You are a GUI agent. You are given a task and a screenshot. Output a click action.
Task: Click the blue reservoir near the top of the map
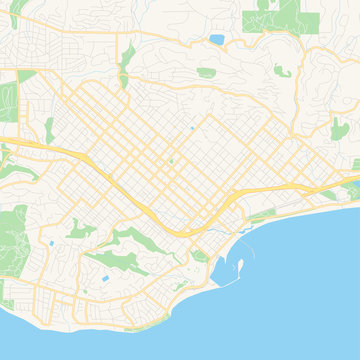[x=217, y=41]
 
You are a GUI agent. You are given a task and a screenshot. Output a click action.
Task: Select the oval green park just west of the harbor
[x=201, y=256]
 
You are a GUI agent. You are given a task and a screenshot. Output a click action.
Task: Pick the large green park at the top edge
[x=284, y=13]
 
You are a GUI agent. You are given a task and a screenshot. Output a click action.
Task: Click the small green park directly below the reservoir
[x=206, y=72]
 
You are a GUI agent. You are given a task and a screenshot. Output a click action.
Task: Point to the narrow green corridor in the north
[x=126, y=60]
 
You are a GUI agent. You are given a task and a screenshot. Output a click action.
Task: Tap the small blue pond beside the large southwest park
[x=49, y=242]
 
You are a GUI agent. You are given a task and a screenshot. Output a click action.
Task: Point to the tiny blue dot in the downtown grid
[x=191, y=128]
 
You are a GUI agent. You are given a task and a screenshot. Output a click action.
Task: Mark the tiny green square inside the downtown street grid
[x=171, y=159]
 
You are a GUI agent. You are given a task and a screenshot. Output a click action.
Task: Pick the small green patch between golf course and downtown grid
[x=48, y=127]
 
